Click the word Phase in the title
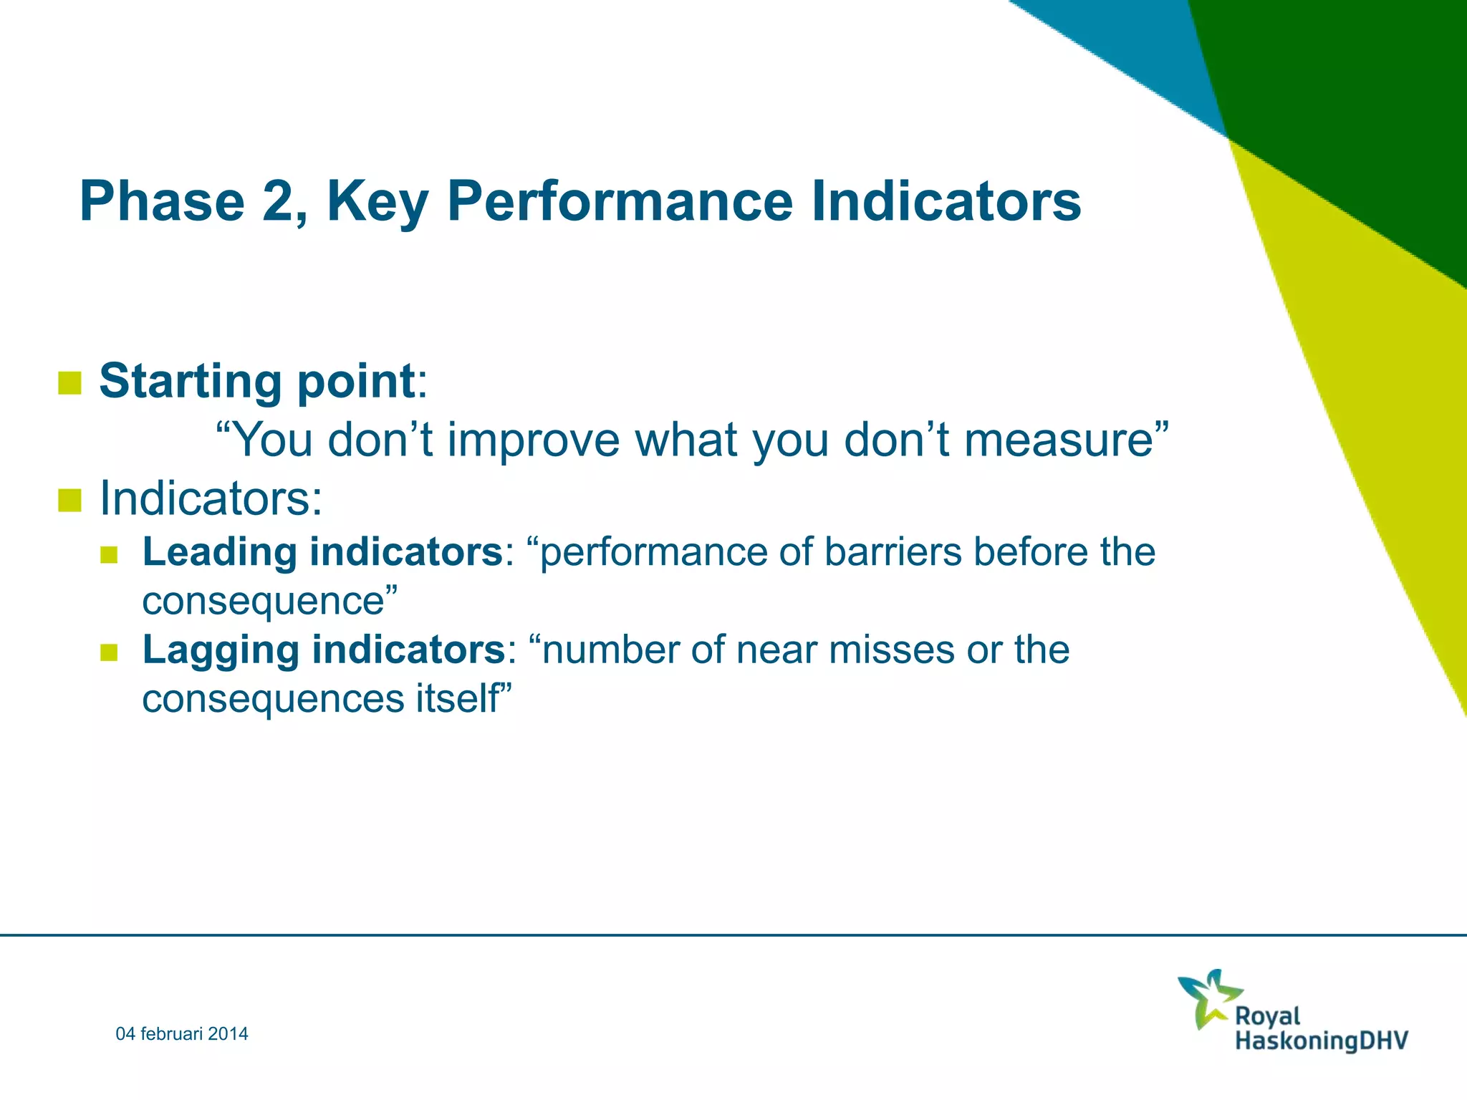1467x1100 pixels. point(163,201)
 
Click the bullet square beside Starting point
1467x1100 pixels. point(69,382)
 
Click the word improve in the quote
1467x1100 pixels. point(533,440)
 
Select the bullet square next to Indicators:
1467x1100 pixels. point(69,500)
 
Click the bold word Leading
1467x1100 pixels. point(219,552)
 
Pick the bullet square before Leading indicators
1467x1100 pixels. point(109,554)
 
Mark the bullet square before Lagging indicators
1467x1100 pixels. point(109,652)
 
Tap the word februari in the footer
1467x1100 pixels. point(171,1033)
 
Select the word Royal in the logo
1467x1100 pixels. point(1267,1016)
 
